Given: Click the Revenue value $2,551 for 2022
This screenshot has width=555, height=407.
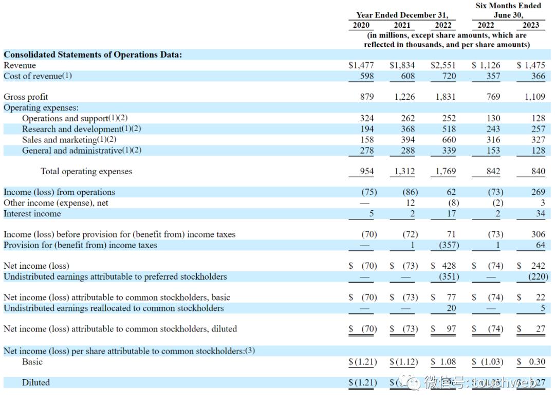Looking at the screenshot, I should (443, 65).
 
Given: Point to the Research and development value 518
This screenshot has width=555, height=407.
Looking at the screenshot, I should (449, 129).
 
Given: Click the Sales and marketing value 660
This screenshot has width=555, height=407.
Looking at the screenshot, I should (449, 140).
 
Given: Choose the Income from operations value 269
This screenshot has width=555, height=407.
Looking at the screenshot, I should (538, 192).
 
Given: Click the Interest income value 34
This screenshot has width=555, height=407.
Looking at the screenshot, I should (540, 213).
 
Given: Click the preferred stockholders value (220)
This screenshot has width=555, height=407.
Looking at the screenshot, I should (538, 276).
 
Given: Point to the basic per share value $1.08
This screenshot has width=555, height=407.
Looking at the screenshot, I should (443, 362).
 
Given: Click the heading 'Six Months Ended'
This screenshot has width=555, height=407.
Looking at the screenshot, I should (508, 6).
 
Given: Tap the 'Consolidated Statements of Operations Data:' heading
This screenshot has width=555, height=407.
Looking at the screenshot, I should (92, 54).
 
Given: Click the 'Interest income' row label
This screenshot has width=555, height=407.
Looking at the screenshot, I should (32, 213).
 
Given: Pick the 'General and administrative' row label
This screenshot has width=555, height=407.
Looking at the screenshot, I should (82, 151).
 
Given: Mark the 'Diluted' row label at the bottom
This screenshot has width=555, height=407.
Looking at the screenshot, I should (36, 382).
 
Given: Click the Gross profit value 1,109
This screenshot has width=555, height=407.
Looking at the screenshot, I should (535, 97).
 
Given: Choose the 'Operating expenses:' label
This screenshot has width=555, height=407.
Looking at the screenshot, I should (41, 107).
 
